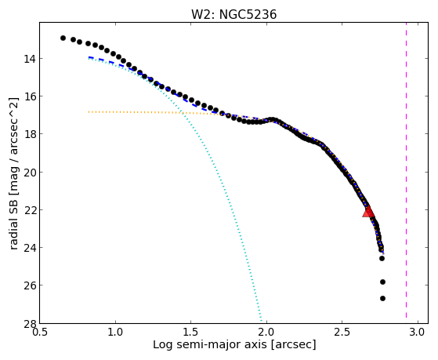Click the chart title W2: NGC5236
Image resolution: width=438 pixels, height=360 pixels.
233,15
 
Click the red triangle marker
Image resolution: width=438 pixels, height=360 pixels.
368,212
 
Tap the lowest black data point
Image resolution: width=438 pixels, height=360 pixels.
382,299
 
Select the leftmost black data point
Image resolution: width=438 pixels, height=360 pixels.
63,38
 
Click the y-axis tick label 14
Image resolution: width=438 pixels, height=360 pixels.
30,59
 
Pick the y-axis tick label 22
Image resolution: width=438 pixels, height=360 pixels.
30,209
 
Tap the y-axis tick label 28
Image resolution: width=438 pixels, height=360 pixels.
30,323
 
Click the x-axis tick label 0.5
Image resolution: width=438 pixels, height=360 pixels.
39,333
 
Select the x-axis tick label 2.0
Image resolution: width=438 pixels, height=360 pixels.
266,333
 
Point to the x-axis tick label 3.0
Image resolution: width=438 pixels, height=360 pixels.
418,333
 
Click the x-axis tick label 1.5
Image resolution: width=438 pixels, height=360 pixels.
190,333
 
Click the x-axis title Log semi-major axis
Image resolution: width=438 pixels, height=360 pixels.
210,344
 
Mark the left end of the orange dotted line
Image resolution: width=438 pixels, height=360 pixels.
89,112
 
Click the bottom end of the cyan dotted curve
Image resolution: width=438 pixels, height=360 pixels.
262,321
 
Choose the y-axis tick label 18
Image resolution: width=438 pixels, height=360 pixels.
30,134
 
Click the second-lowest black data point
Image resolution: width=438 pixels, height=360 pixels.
382,282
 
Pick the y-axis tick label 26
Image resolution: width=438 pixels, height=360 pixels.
30,285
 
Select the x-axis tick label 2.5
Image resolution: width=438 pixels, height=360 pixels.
342,333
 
